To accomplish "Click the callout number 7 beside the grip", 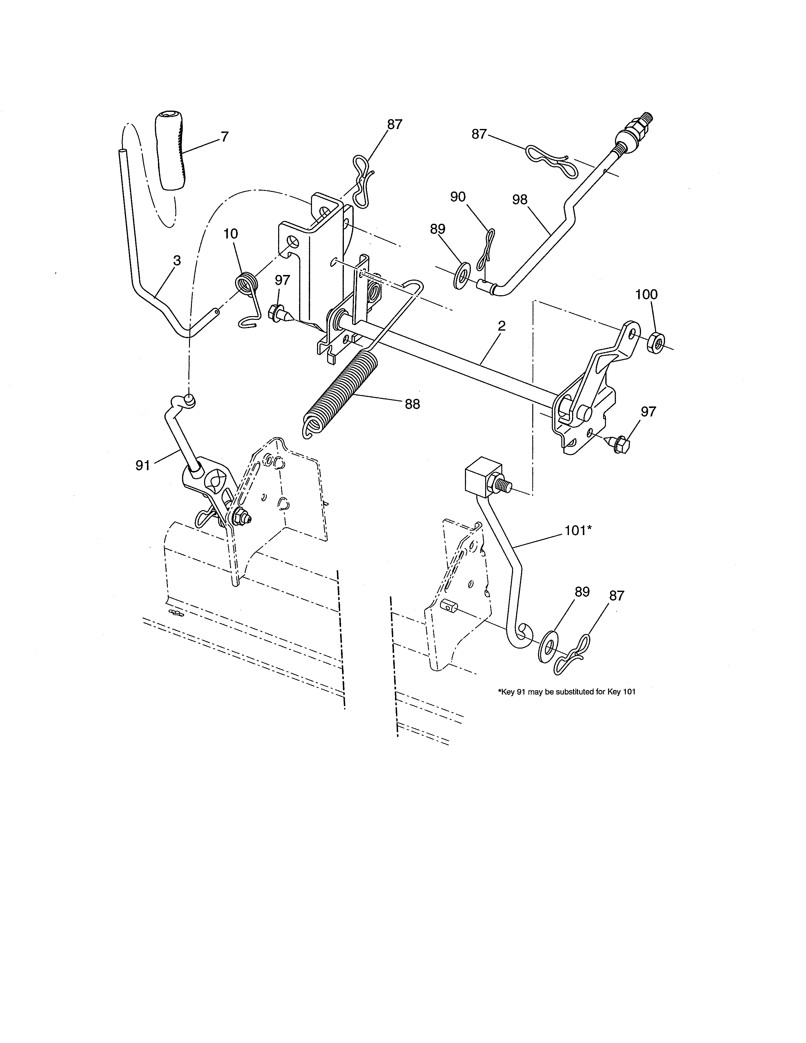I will [224, 137].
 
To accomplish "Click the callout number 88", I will [412, 404].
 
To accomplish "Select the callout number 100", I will [646, 295].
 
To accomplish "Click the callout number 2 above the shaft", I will [501, 327].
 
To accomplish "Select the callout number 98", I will [520, 200].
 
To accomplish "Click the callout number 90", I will [457, 197].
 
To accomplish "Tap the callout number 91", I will [143, 465].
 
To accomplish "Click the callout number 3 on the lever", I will [177, 261].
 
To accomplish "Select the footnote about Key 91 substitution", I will [566, 692].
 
